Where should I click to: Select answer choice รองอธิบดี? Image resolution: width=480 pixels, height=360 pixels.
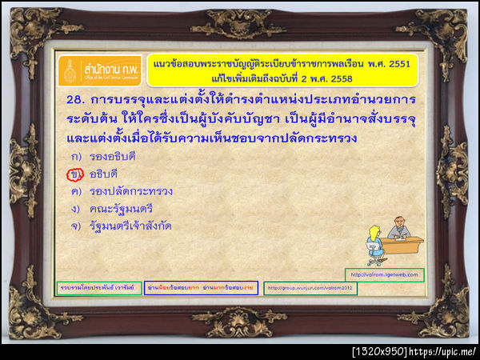click(113, 155)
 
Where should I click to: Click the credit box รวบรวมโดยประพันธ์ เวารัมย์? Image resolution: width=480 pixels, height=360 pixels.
click(95, 288)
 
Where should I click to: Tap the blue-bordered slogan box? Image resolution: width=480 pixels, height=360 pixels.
click(200, 288)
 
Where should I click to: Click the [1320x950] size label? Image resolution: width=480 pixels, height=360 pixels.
click(379, 351)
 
